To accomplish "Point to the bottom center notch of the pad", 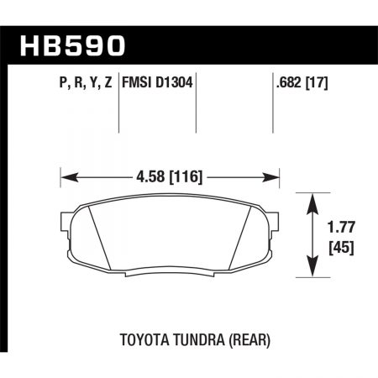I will tap(171, 273).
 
